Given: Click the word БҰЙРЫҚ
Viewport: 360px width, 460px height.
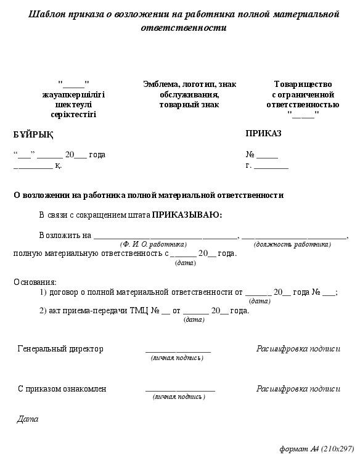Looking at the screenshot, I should tap(33, 135).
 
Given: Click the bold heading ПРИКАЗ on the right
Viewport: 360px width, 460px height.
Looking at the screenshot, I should tap(263, 133).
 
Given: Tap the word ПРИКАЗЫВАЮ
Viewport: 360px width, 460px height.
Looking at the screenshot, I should tap(187, 215).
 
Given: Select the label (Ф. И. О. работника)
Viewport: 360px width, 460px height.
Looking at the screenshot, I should tap(153, 244).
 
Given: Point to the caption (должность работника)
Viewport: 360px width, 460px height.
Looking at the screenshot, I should tap(292, 244).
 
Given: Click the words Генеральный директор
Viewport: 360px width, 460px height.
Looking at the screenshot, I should tap(60, 349).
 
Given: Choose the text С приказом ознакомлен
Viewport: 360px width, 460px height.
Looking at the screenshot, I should tap(62, 389).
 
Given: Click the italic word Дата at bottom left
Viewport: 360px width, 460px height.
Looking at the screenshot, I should tap(28, 419).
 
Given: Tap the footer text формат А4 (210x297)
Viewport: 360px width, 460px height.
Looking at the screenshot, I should tap(316, 448).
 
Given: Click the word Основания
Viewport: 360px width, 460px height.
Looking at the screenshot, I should tap(35, 282).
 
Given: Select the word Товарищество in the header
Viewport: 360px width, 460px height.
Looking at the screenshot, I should tap(303, 84).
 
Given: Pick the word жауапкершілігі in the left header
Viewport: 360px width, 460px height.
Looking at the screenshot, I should tap(73, 95).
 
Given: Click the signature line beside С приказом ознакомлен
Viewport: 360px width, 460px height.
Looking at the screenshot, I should tap(180, 390).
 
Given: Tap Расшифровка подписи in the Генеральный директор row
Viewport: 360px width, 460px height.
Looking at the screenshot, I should tap(298, 349).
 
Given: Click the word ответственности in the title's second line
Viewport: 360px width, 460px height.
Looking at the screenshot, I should tap(183, 28).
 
